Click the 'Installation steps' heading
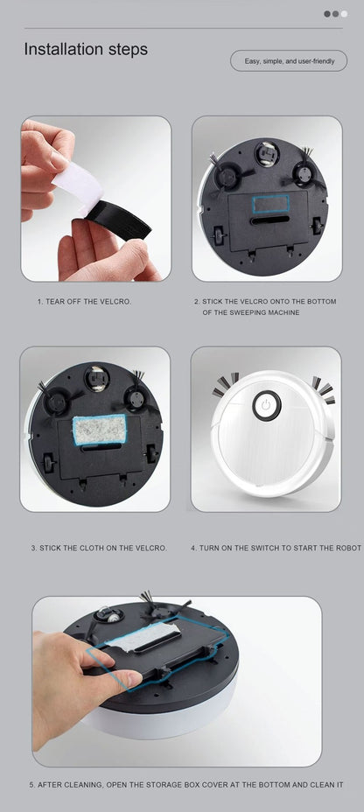[86, 50]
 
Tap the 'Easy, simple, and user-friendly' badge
[289, 61]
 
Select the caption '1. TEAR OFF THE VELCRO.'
[84, 302]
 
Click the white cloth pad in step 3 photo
[99, 429]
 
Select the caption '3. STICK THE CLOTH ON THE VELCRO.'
[98, 548]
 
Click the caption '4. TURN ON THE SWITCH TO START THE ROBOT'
[276, 548]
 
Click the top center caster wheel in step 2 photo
[265, 153]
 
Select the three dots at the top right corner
[335, 14]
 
